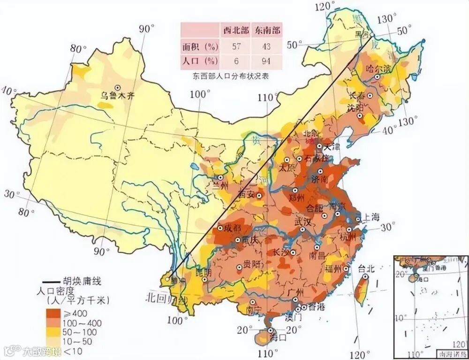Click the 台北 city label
click(366, 268)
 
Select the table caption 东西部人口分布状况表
click(231, 76)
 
